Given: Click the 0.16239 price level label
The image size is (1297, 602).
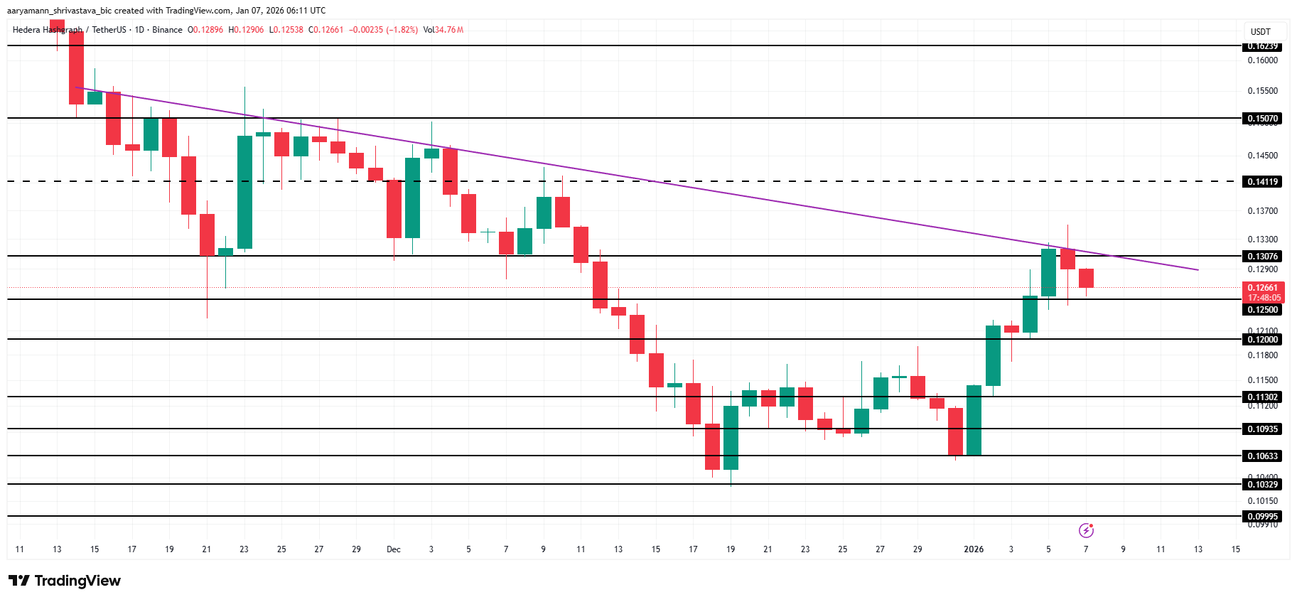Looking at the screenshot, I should click(1262, 46).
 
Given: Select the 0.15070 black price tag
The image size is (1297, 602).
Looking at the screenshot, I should click(1262, 119).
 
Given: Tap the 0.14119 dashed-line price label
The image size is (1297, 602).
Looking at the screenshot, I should click(1262, 182).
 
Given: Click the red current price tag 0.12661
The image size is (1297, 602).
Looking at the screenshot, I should click(1263, 288).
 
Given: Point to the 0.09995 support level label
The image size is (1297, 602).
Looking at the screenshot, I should click(1262, 517).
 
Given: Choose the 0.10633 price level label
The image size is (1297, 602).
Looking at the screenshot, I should click(1262, 456).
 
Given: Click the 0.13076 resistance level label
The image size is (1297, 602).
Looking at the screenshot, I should click(1262, 257).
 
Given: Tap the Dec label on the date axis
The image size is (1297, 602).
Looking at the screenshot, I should click(393, 549).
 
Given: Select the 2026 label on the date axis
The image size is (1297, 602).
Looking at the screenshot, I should click(973, 549).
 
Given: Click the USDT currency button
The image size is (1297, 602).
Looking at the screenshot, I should click(1261, 32).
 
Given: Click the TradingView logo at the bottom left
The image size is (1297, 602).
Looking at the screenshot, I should click(65, 581).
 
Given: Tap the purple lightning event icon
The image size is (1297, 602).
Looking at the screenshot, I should click(1086, 530).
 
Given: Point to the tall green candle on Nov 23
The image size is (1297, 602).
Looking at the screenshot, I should click(244, 192).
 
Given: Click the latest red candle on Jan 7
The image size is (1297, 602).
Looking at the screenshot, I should click(1086, 278).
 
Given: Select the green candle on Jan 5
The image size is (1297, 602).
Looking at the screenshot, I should click(1048, 272).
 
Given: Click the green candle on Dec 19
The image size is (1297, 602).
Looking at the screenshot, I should click(731, 437).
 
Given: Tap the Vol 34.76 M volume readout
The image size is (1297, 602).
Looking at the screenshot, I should click(443, 30).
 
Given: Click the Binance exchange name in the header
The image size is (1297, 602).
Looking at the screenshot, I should click(167, 30).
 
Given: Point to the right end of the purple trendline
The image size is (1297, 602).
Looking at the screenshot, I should click(1198, 270).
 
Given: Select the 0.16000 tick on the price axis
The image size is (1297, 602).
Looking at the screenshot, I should click(1262, 60).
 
